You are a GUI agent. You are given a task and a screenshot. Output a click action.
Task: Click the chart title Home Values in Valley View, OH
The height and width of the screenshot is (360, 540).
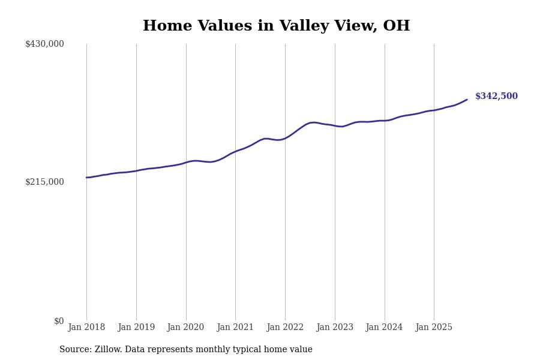(276, 26)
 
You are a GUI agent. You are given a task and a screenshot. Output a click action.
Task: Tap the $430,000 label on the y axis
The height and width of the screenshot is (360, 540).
(44, 44)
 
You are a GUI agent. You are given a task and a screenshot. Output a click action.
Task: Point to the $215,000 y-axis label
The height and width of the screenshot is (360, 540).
(44, 182)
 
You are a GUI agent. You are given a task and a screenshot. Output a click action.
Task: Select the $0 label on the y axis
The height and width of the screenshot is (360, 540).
(59, 321)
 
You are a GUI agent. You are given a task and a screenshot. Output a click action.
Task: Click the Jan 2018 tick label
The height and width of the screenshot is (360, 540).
(86, 327)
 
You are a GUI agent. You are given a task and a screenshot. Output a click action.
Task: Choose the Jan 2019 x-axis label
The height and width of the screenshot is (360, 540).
(136, 327)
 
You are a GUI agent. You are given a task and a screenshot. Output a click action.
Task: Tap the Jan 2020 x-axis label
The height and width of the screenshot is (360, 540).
(185, 327)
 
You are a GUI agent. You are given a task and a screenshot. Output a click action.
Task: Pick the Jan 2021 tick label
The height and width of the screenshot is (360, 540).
(235, 327)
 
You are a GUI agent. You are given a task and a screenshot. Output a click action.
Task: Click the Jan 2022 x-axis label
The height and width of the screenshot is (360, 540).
(285, 327)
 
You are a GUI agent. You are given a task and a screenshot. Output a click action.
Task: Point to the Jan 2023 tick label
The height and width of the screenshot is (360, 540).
(335, 327)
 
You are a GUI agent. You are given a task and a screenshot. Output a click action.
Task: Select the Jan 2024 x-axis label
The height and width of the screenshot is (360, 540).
(384, 327)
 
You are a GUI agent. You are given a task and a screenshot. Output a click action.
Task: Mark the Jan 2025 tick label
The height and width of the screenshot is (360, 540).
(434, 327)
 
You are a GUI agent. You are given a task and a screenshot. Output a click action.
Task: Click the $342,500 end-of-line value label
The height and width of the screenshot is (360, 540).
(496, 96)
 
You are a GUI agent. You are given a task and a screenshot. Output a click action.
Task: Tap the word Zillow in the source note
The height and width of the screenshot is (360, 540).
(109, 350)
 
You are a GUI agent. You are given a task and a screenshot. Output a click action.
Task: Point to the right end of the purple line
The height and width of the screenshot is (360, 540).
(467, 100)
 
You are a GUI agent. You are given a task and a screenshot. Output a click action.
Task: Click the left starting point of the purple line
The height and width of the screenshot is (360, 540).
(86, 178)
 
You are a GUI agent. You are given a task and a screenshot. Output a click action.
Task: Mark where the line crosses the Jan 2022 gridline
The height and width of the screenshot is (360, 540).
(285, 138)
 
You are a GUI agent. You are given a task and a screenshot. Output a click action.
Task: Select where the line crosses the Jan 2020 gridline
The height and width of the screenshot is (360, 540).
(186, 162)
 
